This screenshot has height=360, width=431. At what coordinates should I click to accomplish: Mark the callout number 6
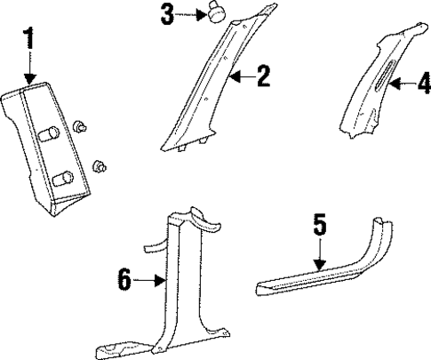[125, 281]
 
